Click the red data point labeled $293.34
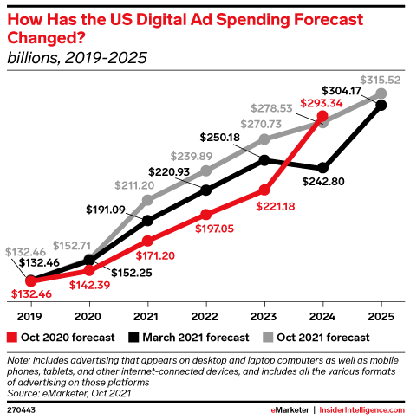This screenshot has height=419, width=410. coord(323,115)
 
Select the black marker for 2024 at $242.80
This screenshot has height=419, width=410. coord(323,167)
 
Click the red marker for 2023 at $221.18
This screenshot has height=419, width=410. coord(264,190)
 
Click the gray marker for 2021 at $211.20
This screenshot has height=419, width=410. coord(147,199)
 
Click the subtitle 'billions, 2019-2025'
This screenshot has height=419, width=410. coord(76,58)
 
